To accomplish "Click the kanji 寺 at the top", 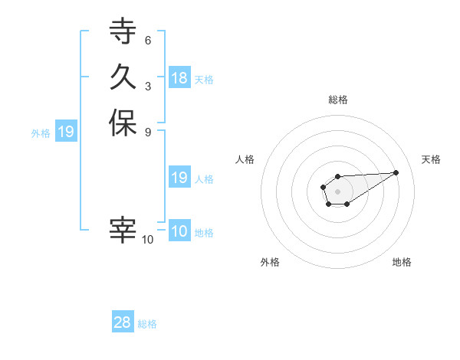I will (x=123, y=32).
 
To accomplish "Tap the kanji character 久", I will (x=123, y=77).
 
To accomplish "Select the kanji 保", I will (x=123, y=123).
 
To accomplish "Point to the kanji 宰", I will (x=123, y=231).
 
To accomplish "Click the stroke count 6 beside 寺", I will (x=147, y=40).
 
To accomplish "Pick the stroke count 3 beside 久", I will (x=147, y=86).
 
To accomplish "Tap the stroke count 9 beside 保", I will (x=147, y=131).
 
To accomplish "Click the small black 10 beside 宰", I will (x=148, y=240).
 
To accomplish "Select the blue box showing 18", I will (x=179, y=78).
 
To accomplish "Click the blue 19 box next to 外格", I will (x=66, y=132).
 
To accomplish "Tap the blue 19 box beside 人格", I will (x=179, y=178).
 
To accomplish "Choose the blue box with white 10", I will (x=179, y=232).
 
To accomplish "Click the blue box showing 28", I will (x=123, y=322).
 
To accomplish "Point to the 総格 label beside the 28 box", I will (x=147, y=324).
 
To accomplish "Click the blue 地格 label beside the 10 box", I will (x=204, y=233).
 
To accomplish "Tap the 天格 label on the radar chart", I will (x=431, y=159).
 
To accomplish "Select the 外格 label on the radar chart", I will (x=270, y=262).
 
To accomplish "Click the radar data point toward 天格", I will (x=396, y=172).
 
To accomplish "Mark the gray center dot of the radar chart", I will (x=337, y=190).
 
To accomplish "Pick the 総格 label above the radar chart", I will (x=337, y=100).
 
